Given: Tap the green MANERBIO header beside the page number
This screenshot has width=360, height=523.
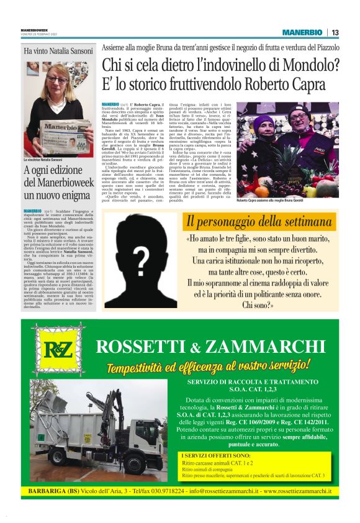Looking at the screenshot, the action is (302, 32).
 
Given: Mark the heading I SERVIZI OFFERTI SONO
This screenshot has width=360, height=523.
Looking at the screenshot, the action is (215, 455).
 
